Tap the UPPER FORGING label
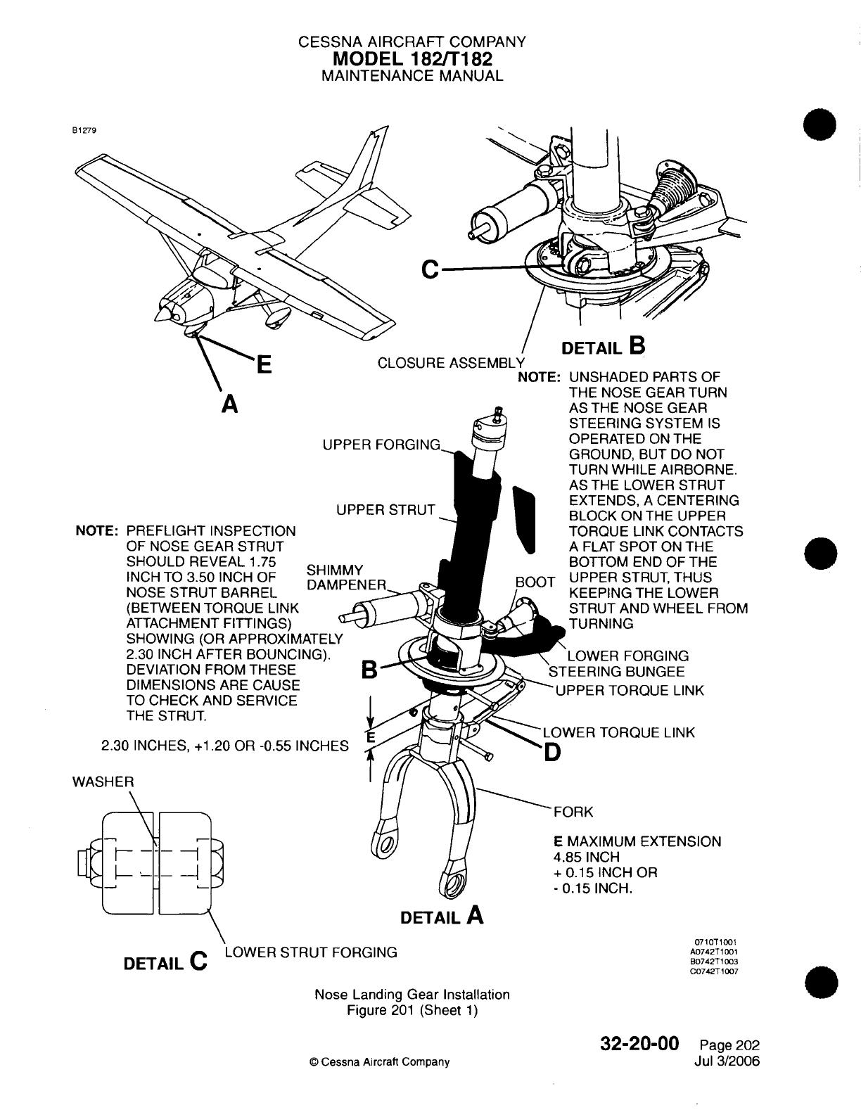point(381,445)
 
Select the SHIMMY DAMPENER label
point(347,578)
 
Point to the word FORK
point(574,812)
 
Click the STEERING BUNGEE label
point(616,672)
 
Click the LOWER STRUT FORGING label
point(310,952)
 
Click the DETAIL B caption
point(601,347)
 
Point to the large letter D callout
point(553,753)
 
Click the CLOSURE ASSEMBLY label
point(451,363)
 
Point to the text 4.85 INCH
point(587,857)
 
